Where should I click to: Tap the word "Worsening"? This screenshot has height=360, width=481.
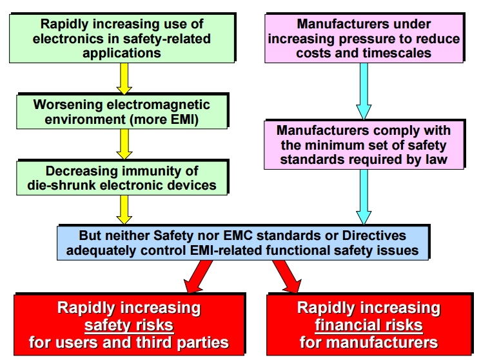[x=68, y=105]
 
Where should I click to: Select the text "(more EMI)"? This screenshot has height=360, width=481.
[x=164, y=119]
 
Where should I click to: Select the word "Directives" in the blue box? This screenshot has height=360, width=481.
[x=374, y=235]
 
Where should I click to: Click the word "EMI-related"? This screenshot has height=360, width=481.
[x=226, y=250]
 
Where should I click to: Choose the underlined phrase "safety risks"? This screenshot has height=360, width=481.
[x=129, y=325]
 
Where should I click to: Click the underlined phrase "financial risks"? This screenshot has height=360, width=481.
[x=369, y=325]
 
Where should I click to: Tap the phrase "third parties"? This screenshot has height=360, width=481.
[x=182, y=343]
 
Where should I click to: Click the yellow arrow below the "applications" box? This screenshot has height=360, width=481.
[x=124, y=79]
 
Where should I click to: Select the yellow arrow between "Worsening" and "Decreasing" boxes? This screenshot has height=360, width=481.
[x=124, y=144]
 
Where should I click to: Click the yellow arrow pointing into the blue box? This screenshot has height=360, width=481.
[x=124, y=210]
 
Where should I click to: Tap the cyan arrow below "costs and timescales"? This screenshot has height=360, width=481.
[x=364, y=91]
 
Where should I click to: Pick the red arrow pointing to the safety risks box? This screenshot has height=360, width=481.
[x=197, y=276]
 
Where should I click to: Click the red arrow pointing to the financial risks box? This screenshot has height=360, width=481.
[x=288, y=276]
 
